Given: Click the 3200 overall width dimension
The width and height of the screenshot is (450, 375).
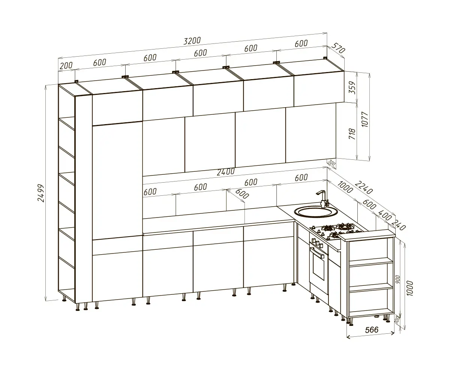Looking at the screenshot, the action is tap(192, 40).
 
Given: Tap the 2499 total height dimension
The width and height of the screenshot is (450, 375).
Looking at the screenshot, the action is tap(41, 193).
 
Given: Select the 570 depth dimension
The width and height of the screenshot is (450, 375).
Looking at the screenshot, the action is tap(338, 48).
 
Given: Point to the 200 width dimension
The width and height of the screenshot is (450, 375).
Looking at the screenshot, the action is tap(66, 66).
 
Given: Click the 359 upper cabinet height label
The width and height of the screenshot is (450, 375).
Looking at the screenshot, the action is tap(352, 87).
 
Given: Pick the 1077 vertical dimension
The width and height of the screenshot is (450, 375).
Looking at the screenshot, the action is tap(364, 119).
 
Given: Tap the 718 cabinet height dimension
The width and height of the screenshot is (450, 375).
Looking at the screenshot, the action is tap(352, 133).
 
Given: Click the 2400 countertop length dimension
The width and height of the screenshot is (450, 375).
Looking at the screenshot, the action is tap(226, 172).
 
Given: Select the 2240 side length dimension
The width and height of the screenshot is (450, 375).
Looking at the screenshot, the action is tap(364, 187).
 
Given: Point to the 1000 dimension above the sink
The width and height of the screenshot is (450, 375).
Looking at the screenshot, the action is tap(345, 187).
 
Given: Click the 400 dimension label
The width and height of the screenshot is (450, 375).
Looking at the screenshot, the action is tap(384, 215).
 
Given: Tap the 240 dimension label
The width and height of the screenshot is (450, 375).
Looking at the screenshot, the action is tap(399, 225).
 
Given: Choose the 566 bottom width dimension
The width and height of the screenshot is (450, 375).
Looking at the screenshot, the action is tap(372, 330).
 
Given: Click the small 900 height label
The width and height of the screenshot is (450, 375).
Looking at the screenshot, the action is tap(398, 279).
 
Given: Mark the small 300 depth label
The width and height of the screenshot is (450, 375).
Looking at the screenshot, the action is tap(331, 163).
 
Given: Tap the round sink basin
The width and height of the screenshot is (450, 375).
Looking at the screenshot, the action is tap(316, 212).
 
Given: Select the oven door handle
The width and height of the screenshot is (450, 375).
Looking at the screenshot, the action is tap(318, 253).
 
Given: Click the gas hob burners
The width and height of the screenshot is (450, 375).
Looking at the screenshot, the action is tap(336, 230).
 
